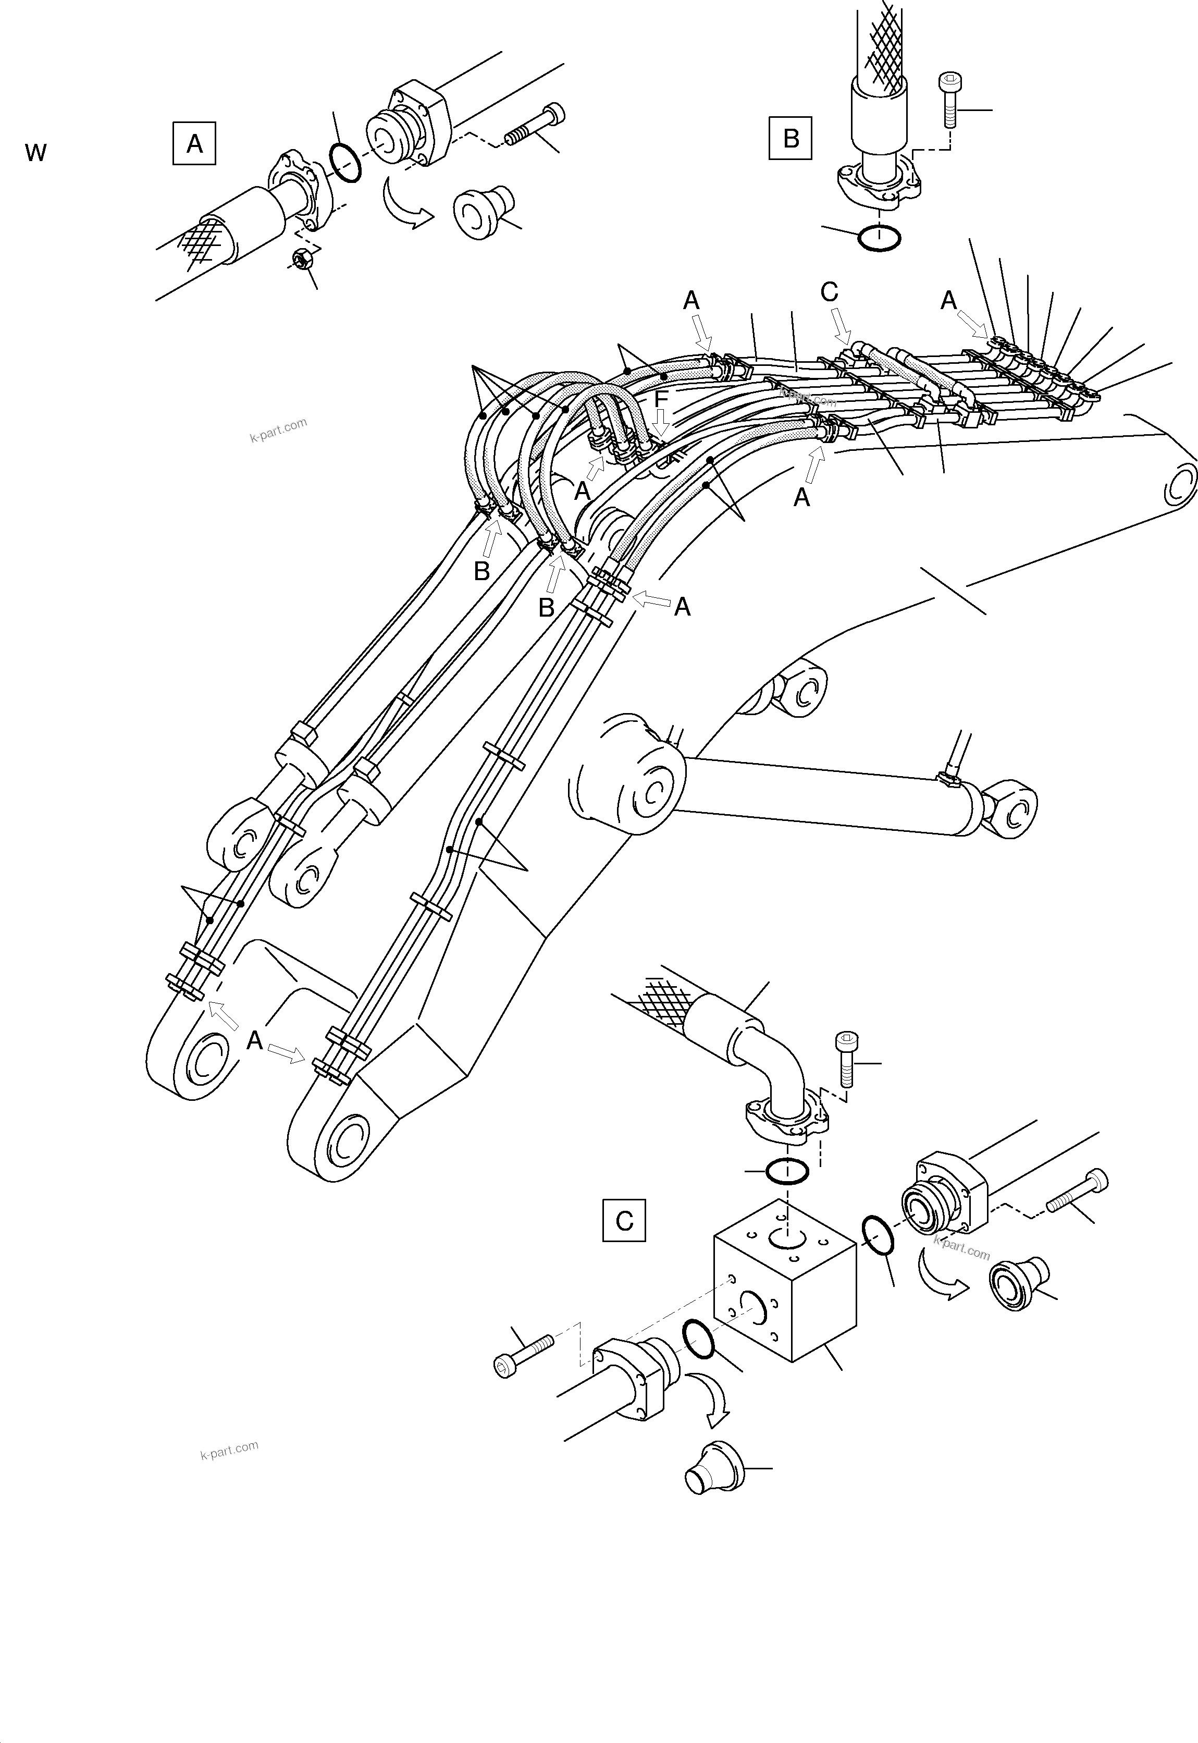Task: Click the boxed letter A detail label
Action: point(194,143)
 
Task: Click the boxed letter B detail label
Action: point(791,138)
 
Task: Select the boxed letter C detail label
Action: point(624,1221)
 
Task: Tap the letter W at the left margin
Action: point(36,153)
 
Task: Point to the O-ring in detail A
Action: point(344,164)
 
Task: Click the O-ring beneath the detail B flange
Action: point(879,238)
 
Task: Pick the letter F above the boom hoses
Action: point(661,399)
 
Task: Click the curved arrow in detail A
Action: point(405,203)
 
